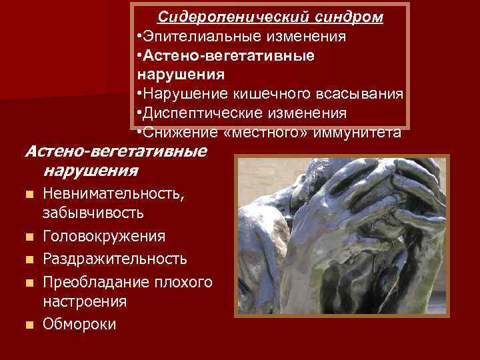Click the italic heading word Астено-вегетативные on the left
[115, 151]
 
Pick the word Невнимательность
[115, 195]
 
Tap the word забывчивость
[92, 213]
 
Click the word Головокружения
[105, 237]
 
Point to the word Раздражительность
[115, 258]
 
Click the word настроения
[85, 301]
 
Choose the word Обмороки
[79, 324]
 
